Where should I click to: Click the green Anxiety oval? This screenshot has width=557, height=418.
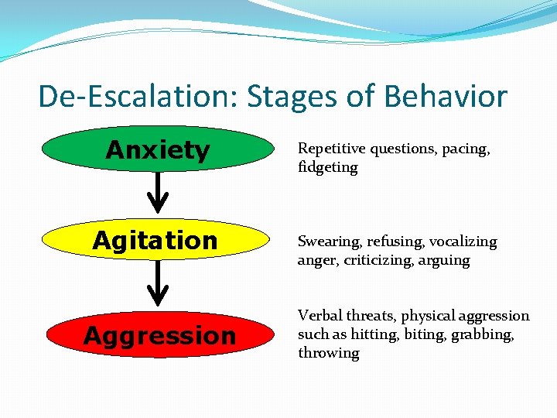158,149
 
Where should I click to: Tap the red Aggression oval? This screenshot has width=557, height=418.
158,335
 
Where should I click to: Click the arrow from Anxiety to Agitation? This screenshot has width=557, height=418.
158,193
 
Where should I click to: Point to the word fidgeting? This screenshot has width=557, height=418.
327,167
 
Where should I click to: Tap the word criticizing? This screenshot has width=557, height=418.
374,260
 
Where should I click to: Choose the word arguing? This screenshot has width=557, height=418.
443,261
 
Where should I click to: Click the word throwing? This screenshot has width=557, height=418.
329,353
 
